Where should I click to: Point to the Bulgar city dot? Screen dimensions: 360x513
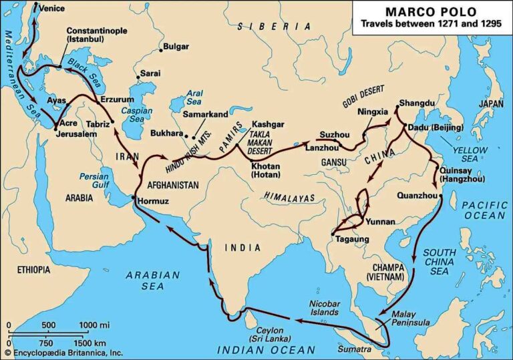coord(161,49)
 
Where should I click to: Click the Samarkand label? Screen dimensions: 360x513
coord(204,114)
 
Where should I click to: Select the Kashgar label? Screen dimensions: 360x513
coord(270,124)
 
